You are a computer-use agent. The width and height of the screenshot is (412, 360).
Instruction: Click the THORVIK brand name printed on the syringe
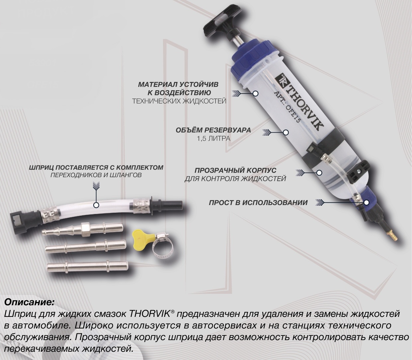pyautogui.click(x=302, y=104)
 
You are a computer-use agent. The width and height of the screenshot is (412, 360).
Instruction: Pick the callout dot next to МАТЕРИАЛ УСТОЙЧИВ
pyautogui.click(x=255, y=93)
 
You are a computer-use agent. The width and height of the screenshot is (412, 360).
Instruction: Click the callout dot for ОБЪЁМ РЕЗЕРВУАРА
pyautogui.click(x=286, y=132)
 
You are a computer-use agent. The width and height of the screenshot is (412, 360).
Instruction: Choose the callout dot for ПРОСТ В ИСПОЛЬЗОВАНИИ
pyautogui.click(x=367, y=202)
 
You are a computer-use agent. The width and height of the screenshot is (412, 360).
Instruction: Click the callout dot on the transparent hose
pyautogui.click(x=97, y=205)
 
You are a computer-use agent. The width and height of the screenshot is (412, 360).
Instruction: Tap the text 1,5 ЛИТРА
pyautogui.click(x=213, y=139)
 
